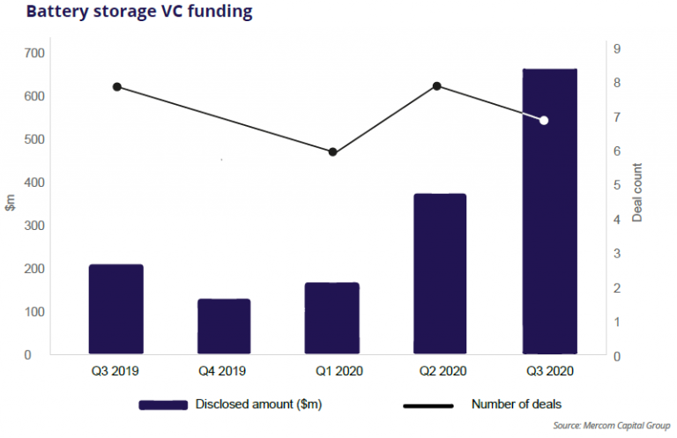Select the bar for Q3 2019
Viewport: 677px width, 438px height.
115,308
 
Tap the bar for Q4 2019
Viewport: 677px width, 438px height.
224,326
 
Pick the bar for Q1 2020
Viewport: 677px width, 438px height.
332,318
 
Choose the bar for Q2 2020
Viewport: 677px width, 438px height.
440,273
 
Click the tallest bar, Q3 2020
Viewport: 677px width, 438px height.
549,212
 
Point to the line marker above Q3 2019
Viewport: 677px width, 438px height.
116,86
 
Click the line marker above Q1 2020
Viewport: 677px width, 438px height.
332,152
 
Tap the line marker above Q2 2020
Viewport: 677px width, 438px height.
436,86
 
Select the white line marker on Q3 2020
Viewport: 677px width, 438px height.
544,120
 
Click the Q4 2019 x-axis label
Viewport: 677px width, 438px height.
224,372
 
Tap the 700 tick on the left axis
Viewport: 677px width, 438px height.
34,53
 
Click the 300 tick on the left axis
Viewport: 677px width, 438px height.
34,226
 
